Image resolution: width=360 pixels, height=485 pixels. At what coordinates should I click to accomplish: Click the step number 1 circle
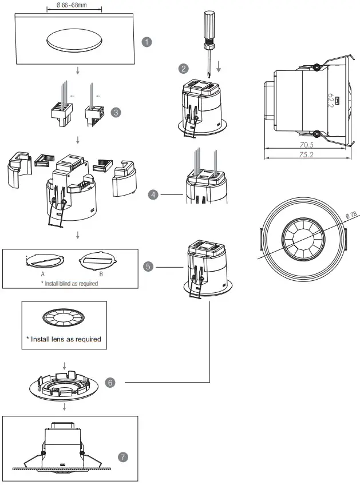click(147, 42)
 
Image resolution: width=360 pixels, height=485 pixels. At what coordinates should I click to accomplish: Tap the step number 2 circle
click(183, 69)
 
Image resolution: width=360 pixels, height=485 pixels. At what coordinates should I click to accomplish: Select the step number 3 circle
click(117, 112)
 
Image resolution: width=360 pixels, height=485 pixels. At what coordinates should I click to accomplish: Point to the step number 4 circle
click(153, 194)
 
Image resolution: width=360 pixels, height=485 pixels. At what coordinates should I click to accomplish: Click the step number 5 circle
click(148, 267)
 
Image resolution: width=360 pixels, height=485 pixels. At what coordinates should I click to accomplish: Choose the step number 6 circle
click(110, 381)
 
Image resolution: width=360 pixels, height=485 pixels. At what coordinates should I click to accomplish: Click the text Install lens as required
click(64, 339)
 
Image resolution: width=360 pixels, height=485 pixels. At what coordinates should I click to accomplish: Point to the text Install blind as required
click(69, 283)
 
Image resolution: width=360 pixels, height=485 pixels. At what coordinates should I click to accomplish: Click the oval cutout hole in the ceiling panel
click(74, 40)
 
